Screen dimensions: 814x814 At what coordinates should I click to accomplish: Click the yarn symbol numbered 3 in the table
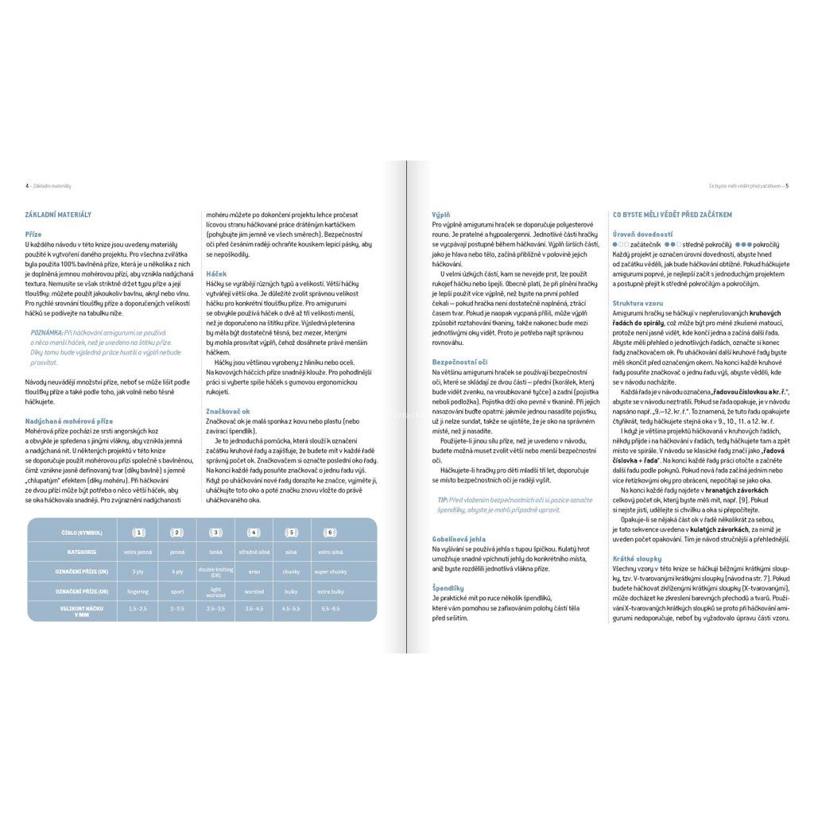215,532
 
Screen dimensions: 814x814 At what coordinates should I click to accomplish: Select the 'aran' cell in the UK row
254,572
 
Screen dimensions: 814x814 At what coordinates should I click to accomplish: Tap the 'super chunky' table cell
329,572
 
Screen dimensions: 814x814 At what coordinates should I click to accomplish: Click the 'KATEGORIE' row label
82,551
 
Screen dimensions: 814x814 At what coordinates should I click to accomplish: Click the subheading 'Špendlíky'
448,587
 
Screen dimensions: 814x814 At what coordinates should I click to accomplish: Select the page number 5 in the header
787,186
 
